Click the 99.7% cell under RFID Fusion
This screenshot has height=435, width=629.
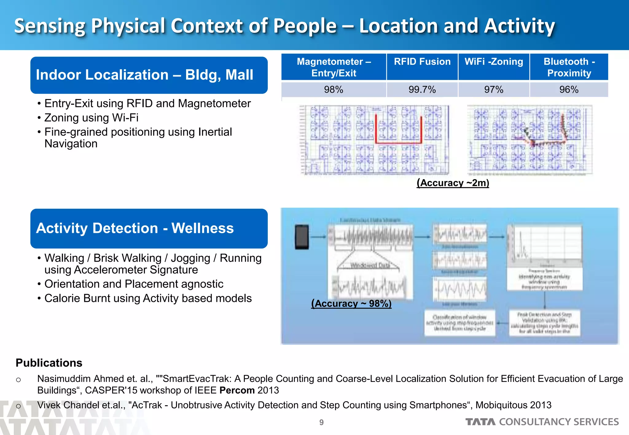422,90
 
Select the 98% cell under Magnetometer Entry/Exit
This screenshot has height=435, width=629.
334,90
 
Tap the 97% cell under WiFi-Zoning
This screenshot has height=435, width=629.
494,90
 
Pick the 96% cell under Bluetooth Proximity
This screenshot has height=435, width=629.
569,90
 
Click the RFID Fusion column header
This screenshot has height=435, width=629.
422,62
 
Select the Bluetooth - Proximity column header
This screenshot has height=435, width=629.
569,67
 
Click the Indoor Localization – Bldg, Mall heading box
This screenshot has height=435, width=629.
149,75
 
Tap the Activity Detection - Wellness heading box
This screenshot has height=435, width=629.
149,229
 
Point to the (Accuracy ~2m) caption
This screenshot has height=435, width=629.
453,183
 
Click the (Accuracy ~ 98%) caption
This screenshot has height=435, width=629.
351,303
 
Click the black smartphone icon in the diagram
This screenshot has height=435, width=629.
302,237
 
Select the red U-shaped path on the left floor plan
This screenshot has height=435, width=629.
398,142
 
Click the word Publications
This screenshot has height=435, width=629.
49,363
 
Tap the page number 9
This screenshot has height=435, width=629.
321,422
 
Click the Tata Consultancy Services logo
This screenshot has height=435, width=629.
542,422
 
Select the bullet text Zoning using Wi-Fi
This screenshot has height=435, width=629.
91,118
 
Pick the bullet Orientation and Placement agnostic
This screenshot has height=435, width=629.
134,284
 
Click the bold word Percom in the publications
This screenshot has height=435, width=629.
237,390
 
